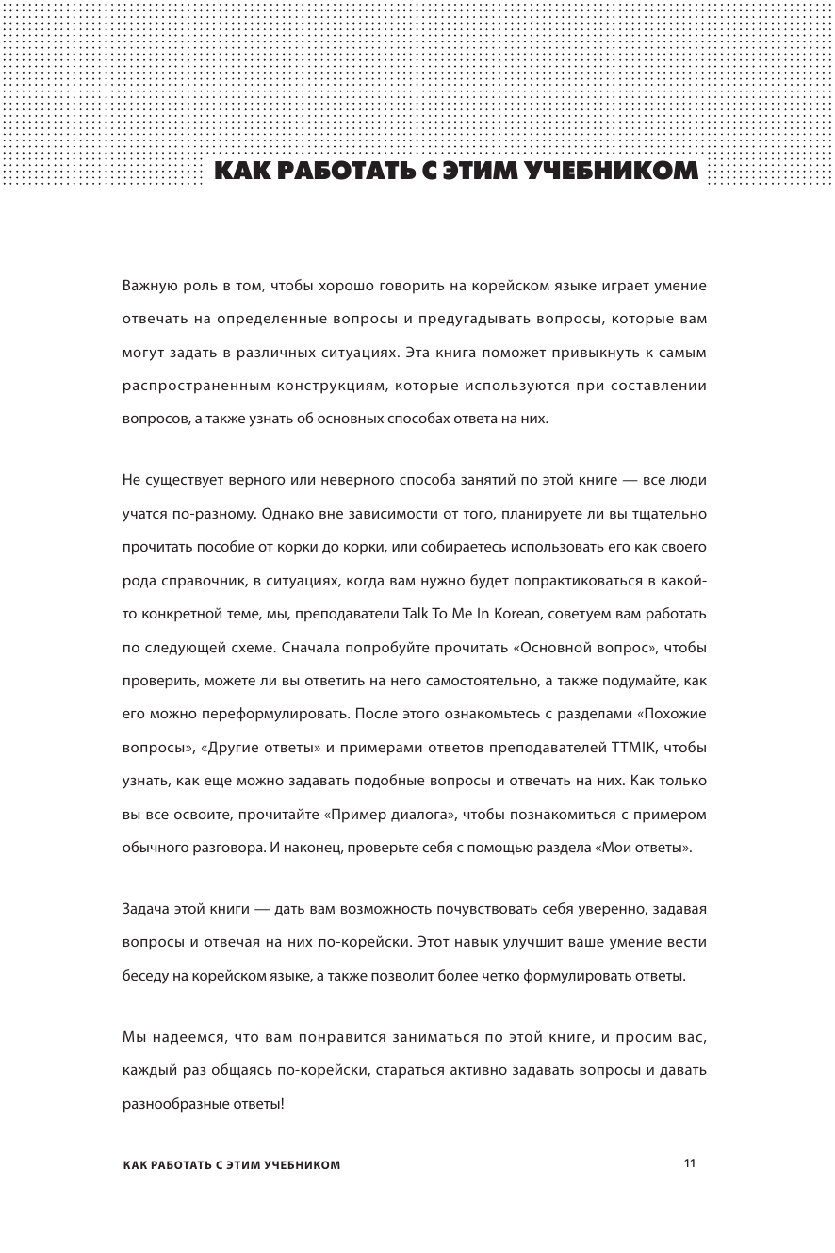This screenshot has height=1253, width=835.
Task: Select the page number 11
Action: (x=689, y=1163)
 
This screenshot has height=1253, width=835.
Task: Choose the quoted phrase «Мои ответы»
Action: (x=643, y=848)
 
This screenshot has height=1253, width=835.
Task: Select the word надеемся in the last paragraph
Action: (x=186, y=1036)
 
